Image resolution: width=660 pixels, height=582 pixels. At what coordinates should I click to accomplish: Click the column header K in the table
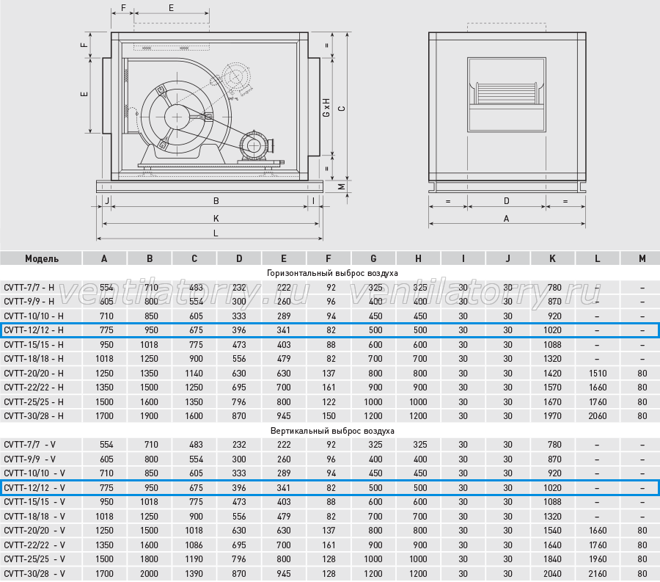552,258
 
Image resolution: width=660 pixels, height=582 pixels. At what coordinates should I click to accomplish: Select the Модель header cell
41,258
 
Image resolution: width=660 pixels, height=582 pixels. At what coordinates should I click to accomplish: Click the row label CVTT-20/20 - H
34,373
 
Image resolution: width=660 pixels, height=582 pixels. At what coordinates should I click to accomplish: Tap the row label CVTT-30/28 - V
34,574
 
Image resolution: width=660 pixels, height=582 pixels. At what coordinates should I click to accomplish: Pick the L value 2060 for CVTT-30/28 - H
597,416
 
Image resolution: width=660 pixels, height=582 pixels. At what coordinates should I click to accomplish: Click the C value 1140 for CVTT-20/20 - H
194,373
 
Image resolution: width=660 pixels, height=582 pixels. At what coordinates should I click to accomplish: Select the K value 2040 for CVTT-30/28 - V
552,574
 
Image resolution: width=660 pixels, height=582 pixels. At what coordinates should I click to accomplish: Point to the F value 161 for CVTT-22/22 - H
329,388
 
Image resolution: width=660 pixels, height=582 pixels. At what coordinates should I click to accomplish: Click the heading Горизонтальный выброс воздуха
332,273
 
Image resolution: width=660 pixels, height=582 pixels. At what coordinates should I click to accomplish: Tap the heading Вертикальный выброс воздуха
332,431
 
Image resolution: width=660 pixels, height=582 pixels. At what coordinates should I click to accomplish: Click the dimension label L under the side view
216,233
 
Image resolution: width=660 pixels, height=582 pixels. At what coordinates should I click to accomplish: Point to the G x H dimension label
326,108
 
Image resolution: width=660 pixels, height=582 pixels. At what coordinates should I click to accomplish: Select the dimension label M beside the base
342,186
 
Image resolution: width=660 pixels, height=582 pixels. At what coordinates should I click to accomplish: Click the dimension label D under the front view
506,201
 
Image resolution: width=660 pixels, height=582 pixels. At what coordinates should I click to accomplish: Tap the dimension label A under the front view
506,219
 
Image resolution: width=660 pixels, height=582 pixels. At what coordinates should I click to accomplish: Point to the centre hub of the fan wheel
177,117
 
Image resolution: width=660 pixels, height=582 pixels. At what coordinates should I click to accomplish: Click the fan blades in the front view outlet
506,93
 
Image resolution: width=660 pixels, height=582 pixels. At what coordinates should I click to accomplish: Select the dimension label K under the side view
216,218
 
